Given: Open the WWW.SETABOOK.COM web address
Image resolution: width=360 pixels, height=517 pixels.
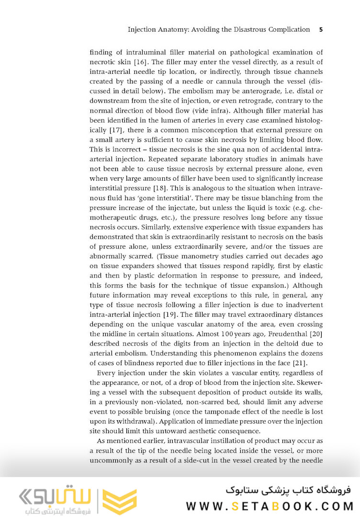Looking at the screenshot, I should (270, 506).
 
